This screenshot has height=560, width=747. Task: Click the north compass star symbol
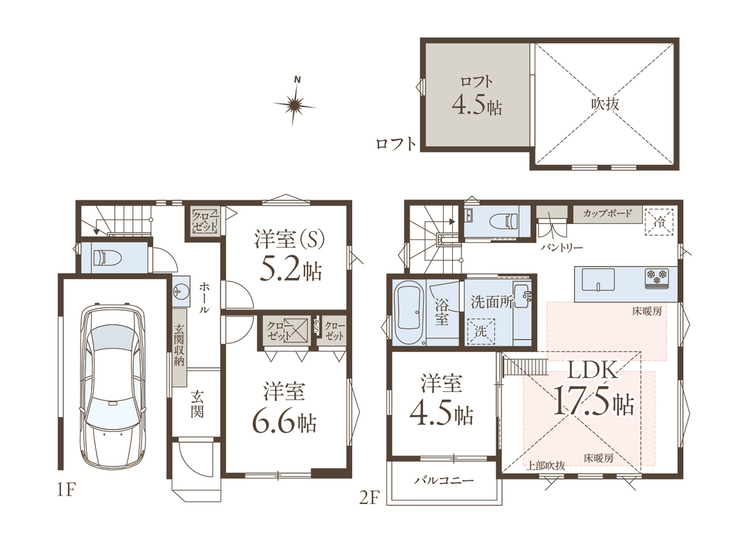tap(295, 105)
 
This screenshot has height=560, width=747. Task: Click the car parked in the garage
tap(113, 386)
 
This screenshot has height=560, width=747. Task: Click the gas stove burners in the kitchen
tap(657, 278)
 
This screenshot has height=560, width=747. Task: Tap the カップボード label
tap(608, 213)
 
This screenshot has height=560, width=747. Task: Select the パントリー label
tap(562, 248)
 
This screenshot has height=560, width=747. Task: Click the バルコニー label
tap(444, 479)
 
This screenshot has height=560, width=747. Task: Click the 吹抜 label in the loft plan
tap(605, 104)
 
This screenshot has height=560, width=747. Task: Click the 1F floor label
tap(66, 489)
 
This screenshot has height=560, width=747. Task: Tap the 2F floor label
tap(368, 498)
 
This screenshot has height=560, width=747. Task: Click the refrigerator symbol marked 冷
tap(659, 221)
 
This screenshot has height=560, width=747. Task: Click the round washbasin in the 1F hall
tap(180, 290)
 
